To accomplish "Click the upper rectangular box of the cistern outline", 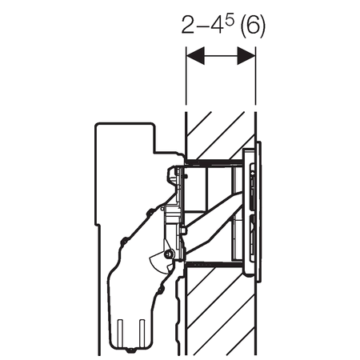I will click(124, 152).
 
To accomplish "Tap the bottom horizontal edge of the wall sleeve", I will click(212, 262).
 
